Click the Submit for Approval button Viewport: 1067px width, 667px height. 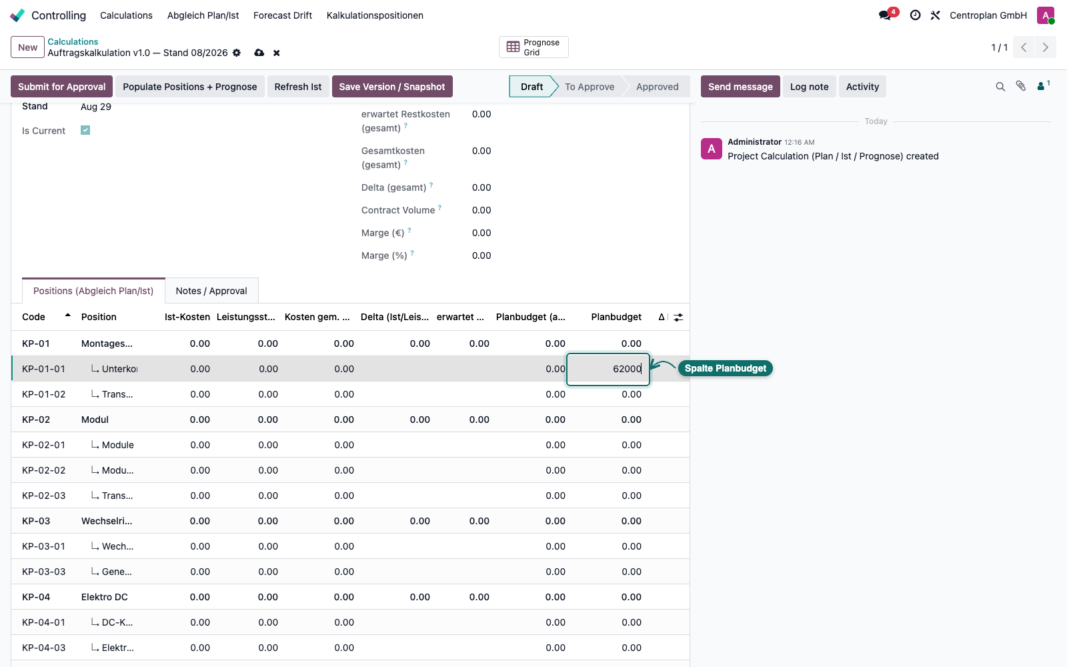click(61, 86)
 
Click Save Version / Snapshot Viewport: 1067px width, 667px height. click(392, 86)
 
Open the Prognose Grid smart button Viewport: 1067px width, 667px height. click(533, 47)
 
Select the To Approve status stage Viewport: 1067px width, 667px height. click(590, 86)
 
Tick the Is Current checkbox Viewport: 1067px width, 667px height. click(85, 130)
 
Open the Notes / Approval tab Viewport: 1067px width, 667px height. click(211, 291)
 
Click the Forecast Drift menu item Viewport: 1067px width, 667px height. click(283, 15)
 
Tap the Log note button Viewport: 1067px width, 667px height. click(809, 86)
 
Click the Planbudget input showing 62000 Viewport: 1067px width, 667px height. click(608, 369)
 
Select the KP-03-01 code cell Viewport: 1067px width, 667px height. click(43, 546)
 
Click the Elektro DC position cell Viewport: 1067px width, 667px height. click(104, 596)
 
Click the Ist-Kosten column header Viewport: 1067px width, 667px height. click(187, 317)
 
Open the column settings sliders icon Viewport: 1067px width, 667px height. click(678, 317)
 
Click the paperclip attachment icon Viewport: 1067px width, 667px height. click(1020, 86)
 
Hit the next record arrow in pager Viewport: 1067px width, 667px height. click(1045, 47)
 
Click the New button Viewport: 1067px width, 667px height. click(27, 47)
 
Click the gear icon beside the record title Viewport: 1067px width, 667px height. click(237, 53)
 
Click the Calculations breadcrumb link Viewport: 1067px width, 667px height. click(73, 41)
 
